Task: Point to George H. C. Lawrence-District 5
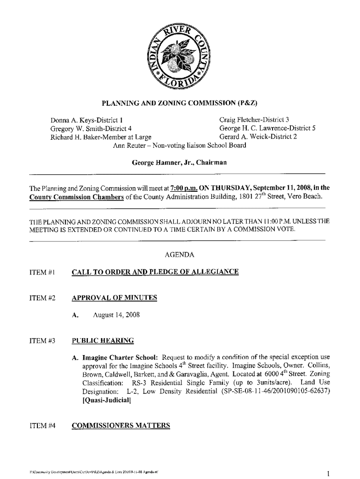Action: pos(267,128)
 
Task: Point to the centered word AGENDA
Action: pos(180,255)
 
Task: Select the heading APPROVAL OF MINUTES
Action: pos(114,298)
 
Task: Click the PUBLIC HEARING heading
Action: pos(102,341)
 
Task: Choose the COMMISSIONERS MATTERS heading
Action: pos(121,426)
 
